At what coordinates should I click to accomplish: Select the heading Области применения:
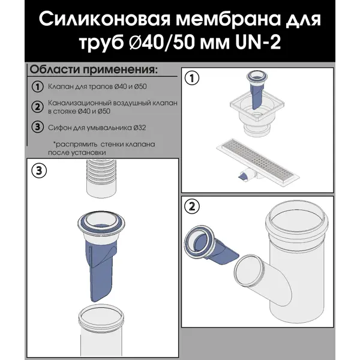click(x=94, y=68)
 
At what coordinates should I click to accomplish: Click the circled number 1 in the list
click(x=37, y=88)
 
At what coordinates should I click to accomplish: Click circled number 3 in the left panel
click(x=38, y=170)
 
